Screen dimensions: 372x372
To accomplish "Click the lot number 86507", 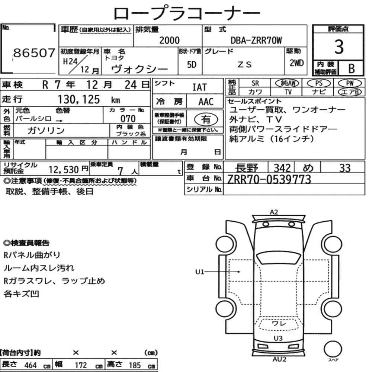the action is pos(34,53).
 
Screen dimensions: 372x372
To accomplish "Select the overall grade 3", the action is pos(339,47).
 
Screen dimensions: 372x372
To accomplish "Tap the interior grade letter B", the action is pos(352,68).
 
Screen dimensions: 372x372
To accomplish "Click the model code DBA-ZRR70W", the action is pos(256,40).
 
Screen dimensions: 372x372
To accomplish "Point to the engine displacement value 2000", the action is pos(169,40).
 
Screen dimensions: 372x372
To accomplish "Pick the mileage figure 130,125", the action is pos(79,99).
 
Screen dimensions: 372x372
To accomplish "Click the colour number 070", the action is pos(128,119).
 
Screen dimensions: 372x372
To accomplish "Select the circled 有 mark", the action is pos(206,119).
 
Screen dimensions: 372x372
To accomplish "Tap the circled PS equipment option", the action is pos(319,83).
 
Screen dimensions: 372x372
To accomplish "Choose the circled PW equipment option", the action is pos(350,83).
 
